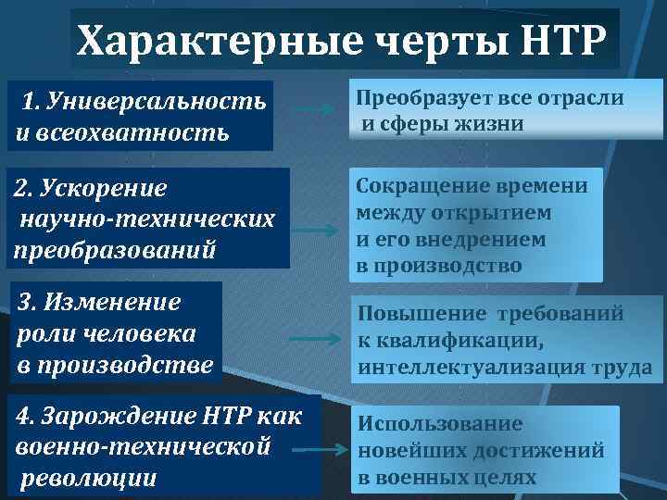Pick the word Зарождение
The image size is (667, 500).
click(x=120, y=417)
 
